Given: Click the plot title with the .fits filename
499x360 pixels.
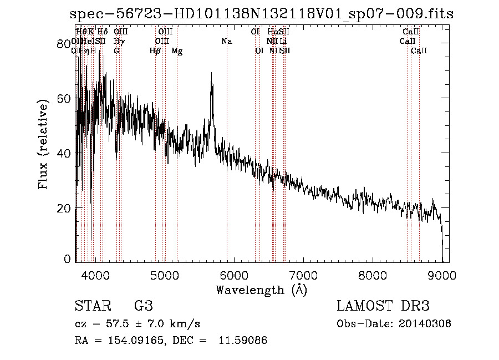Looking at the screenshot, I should point(262,14).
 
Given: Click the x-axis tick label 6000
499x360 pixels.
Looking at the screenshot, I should point(234,275).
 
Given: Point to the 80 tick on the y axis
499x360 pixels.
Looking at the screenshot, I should point(65,44).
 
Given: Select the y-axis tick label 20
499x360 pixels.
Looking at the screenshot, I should point(65,207).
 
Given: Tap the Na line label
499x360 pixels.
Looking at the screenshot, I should point(227,42).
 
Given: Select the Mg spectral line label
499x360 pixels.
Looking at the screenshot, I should point(177,51).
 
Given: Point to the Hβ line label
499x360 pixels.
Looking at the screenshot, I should point(155,51).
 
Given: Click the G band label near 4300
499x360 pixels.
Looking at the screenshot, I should point(116,51).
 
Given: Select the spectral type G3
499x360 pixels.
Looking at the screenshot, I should point(143,306).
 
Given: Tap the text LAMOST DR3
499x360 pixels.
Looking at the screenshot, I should point(383,306).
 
